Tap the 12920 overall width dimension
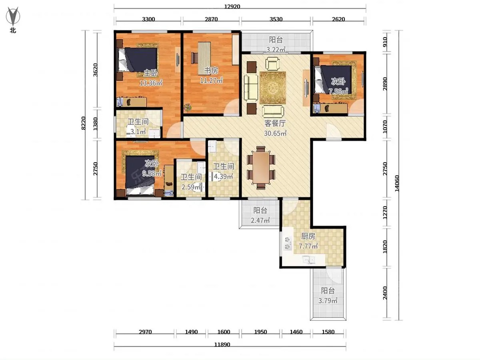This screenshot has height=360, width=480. (x=232, y=6)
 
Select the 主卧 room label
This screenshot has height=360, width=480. (x=151, y=73)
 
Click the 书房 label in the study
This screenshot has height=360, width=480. (x=211, y=71)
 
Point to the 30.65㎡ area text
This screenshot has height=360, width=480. (x=275, y=133)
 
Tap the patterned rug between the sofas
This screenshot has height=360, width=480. (x=273, y=88)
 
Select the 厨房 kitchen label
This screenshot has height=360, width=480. (x=308, y=236)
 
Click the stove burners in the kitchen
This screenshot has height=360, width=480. (x=287, y=244)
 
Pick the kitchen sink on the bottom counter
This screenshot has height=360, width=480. (x=308, y=260)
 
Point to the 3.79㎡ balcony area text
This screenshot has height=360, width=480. (x=328, y=301)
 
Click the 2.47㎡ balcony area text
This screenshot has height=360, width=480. (x=260, y=220)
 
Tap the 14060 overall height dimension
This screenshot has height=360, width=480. (x=397, y=184)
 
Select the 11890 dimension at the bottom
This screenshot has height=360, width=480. (x=222, y=344)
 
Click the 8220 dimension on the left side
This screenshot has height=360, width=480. (x=83, y=123)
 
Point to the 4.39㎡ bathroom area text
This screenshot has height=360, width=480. (x=223, y=176)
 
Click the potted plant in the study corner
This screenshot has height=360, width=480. (x=188, y=107)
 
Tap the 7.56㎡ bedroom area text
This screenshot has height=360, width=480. (x=338, y=91)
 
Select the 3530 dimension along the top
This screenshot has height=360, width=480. (x=276, y=19)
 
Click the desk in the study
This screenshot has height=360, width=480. (x=204, y=58)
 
